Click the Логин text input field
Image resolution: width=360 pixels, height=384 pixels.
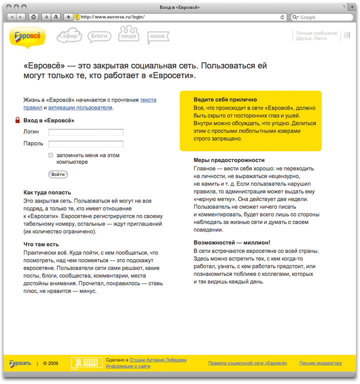point(85,132)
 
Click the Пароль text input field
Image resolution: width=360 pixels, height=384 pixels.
point(85,144)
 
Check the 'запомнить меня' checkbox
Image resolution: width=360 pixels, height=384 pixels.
point(51,155)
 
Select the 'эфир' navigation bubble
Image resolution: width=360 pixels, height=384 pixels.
point(69,36)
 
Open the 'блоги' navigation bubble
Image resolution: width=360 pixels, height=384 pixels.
point(99,36)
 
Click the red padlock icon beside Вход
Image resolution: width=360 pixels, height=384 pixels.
point(17,120)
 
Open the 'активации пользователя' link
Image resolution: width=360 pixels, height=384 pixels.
point(80,107)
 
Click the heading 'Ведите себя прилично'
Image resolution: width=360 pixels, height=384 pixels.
point(225,99)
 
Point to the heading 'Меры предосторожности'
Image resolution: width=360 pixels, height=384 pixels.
point(228,160)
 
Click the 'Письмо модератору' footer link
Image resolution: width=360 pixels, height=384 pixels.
point(320,363)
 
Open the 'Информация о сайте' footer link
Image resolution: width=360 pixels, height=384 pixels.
point(128,366)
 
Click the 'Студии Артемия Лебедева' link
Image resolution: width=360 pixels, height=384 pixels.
point(157,359)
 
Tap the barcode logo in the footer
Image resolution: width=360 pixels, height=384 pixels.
point(85,363)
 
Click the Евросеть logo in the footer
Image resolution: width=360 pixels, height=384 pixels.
point(19,363)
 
